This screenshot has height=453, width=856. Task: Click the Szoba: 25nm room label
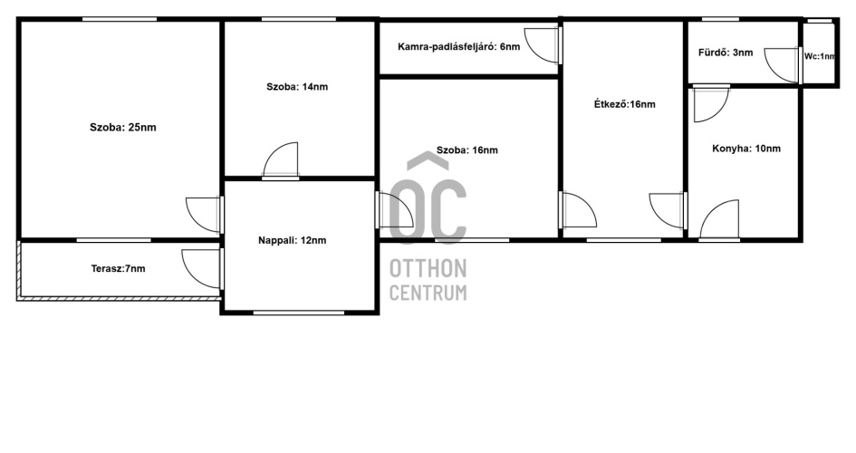123,128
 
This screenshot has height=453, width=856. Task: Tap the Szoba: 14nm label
297,87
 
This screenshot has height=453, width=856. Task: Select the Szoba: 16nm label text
466,150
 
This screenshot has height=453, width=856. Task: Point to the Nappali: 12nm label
292,240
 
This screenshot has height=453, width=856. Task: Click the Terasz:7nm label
118,268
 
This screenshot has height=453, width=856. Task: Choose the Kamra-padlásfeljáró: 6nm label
458,47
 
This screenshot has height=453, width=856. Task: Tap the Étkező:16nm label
624,104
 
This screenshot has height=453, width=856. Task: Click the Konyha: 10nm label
746,149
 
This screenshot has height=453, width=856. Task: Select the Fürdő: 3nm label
726,53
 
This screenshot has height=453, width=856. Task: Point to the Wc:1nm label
820,56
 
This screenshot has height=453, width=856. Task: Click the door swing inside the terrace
202,268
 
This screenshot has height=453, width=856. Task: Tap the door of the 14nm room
281,160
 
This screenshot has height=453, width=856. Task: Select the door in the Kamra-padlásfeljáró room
542,44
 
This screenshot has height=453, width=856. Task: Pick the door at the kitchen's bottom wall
719,219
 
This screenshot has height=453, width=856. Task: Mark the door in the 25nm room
205,215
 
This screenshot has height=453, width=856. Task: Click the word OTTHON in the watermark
428,268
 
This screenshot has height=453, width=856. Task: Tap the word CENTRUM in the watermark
428,293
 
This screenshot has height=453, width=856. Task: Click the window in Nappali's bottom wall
299,313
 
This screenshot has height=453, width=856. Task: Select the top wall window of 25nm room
120,19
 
